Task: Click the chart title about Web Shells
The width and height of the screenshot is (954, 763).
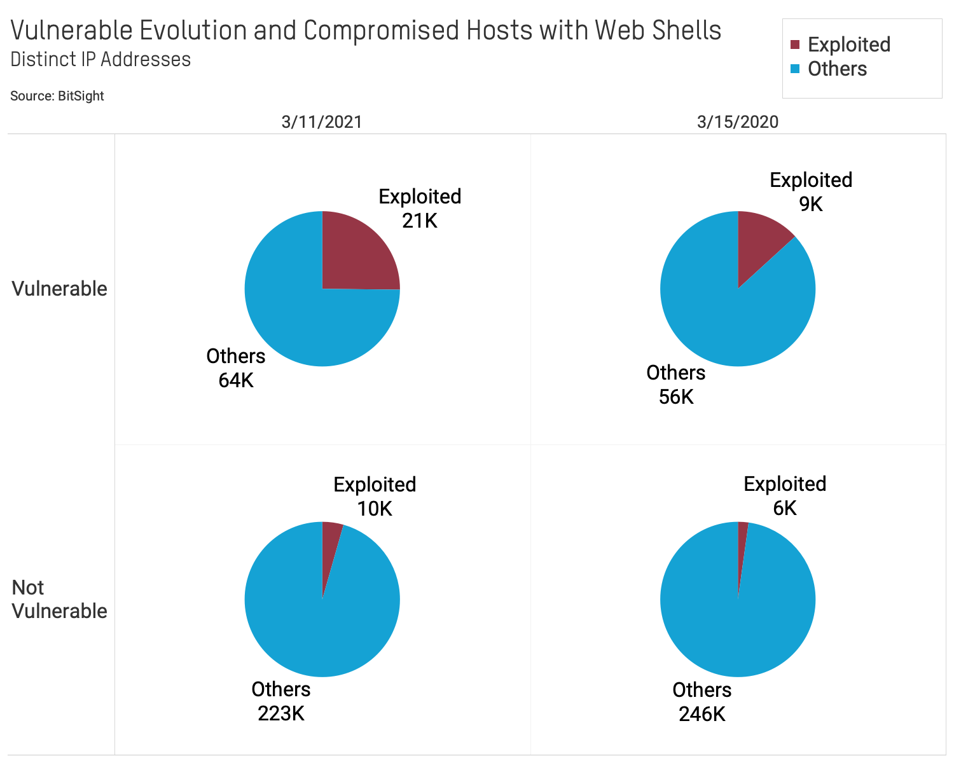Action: click(366, 30)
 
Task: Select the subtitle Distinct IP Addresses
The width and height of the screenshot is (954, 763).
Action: click(100, 59)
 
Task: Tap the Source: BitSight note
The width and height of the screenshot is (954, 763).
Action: click(57, 96)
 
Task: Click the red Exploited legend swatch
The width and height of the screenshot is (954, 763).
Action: click(794, 45)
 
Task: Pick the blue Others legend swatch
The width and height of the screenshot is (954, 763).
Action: click(794, 69)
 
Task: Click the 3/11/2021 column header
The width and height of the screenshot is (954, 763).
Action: click(322, 121)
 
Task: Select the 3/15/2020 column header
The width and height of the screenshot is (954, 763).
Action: click(738, 121)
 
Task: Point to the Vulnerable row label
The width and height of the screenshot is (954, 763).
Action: click(59, 288)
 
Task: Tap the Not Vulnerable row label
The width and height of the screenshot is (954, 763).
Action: click(59, 599)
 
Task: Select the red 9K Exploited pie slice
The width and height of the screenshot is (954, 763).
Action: click(760, 245)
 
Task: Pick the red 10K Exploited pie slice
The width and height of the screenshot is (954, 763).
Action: click(330, 547)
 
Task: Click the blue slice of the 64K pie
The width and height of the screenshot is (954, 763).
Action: click(299, 318)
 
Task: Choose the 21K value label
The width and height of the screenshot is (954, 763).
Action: click(420, 221)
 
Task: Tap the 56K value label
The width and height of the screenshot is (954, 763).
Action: click(676, 397)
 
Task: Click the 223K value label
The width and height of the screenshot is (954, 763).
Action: click(281, 713)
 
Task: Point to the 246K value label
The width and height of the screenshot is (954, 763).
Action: click(702, 714)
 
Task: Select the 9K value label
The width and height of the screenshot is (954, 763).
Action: click(811, 204)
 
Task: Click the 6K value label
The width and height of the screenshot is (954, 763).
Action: click(785, 508)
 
